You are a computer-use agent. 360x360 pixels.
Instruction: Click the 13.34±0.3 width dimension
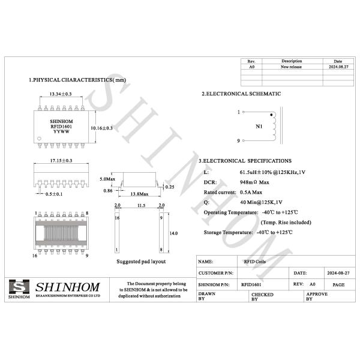(60, 94)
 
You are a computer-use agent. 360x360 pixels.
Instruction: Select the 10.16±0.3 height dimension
(101, 128)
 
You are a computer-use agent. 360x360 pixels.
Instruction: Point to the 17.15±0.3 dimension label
(61, 161)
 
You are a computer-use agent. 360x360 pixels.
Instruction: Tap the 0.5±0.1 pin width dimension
(54, 194)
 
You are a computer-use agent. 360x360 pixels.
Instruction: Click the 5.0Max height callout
(107, 179)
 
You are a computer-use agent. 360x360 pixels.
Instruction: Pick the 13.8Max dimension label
(139, 194)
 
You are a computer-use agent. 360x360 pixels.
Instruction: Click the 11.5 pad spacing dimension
(141, 205)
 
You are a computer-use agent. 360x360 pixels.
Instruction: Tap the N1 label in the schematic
(259, 127)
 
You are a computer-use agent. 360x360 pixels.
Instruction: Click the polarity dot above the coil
(271, 115)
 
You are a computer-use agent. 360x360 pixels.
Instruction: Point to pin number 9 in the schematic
(238, 141)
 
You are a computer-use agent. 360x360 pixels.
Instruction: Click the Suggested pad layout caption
(141, 262)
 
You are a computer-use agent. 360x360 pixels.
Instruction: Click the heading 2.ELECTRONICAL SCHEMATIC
(241, 94)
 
